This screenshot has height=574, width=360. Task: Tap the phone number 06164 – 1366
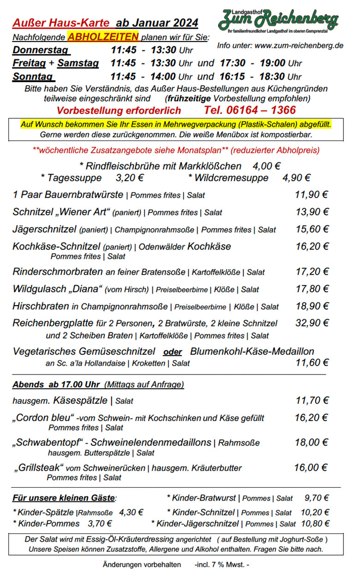tap(250, 110)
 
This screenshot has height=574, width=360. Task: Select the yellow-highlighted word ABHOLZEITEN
tap(103, 37)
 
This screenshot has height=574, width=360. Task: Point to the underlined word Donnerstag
tap(41, 50)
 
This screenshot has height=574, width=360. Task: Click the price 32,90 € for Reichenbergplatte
tap(312, 323)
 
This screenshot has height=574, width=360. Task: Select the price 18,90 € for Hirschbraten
tap(312, 306)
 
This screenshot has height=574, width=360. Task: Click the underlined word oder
tap(173, 352)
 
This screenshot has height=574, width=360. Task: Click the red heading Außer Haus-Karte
tap(61, 23)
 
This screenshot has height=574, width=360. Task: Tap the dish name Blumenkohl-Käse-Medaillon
tap(252, 351)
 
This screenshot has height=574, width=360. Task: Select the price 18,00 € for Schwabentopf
tap(312, 442)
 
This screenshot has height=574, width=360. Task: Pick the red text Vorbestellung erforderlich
tap(119, 111)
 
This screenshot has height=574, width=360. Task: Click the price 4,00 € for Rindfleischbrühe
tap(266, 166)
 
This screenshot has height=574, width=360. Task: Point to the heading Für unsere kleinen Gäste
tap(64, 498)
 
